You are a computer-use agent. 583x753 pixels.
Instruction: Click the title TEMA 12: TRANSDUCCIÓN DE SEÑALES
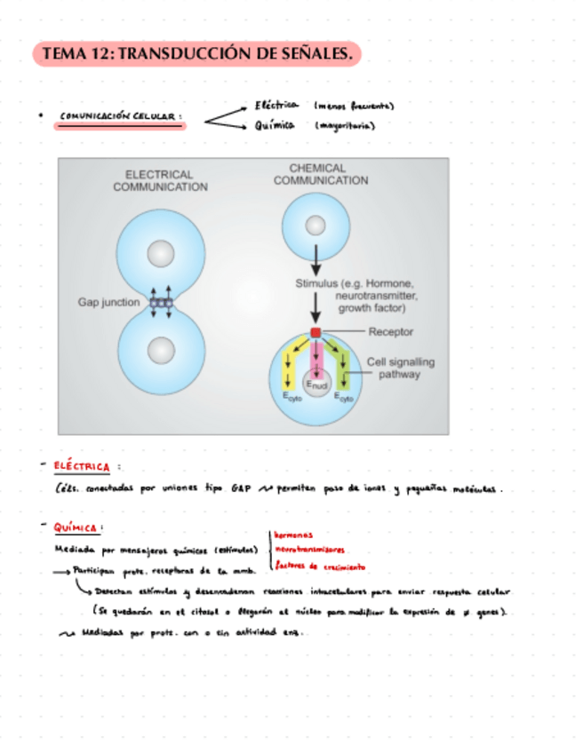click(x=197, y=55)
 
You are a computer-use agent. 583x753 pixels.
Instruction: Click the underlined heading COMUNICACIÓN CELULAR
click(x=121, y=116)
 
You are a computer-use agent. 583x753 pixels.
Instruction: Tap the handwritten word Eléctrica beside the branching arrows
click(x=276, y=106)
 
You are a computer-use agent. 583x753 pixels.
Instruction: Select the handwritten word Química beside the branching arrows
click(x=275, y=125)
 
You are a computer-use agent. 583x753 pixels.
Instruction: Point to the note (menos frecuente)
click(x=354, y=106)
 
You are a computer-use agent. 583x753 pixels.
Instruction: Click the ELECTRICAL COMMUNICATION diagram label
click(x=160, y=180)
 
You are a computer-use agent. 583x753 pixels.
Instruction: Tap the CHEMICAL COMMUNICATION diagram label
click(x=320, y=174)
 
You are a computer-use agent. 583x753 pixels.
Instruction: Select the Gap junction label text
click(x=108, y=303)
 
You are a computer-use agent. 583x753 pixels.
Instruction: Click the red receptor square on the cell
click(x=315, y=332)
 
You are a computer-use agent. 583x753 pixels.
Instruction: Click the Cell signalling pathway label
click(x=394, y=368)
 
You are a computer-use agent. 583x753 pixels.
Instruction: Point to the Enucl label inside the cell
click(x=315, y=384)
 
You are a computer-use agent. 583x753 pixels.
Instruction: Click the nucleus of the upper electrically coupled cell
click(x=160, y=255)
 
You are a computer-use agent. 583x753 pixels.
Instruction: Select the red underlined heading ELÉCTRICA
click(x=81, y=466)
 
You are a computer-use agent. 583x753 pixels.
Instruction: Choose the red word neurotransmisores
click(x=310, y=550)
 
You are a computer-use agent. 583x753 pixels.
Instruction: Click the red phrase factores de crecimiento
click(x=320, y=566)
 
